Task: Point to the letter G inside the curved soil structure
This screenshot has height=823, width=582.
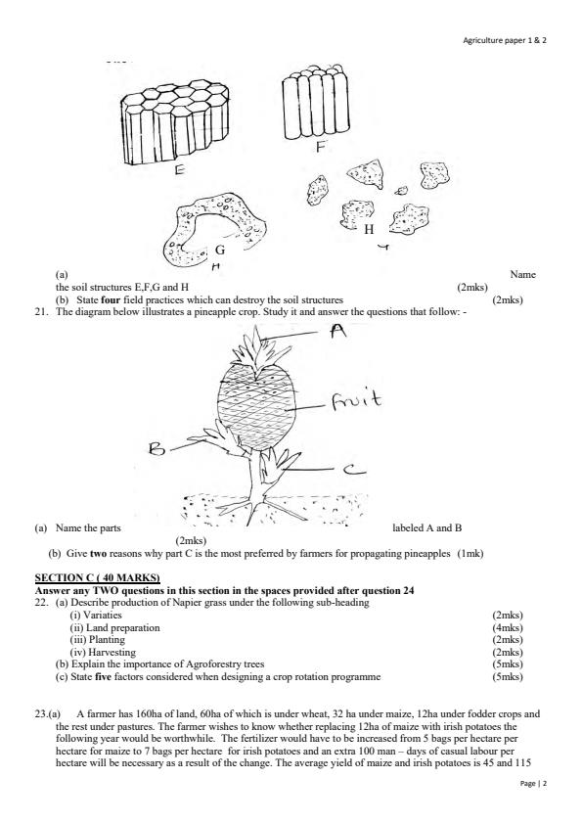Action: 220,251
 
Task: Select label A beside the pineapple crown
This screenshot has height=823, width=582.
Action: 339,333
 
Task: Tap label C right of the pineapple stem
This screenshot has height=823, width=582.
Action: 351,472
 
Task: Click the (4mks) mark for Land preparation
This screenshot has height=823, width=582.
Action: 509,626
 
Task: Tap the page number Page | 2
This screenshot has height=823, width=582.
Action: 532,784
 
